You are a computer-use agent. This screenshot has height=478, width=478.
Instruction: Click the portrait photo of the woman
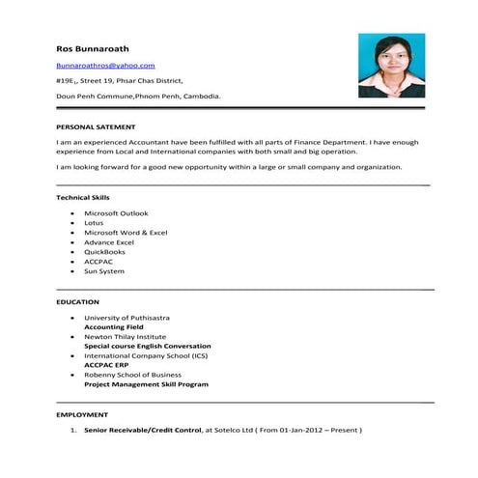point(391,65)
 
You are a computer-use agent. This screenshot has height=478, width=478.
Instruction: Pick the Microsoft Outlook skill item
point(116,212)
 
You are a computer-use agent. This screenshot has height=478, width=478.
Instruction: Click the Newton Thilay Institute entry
point(126,336)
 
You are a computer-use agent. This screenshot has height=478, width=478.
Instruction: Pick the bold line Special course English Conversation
point(147,346)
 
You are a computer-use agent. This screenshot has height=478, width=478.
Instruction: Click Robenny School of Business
point(132,375)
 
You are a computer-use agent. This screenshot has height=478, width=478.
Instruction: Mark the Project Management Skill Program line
point(146,384)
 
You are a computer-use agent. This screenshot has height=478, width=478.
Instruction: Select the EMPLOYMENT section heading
point(82,415)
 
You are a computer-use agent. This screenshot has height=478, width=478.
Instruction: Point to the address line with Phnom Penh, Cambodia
point(138,97)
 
